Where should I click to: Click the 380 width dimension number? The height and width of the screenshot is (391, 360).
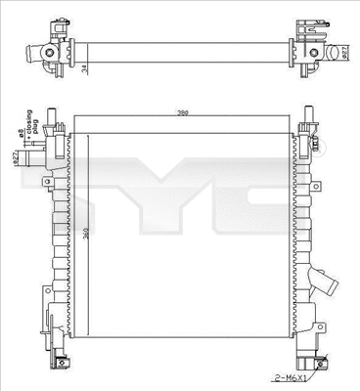click(x=182, y=112)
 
